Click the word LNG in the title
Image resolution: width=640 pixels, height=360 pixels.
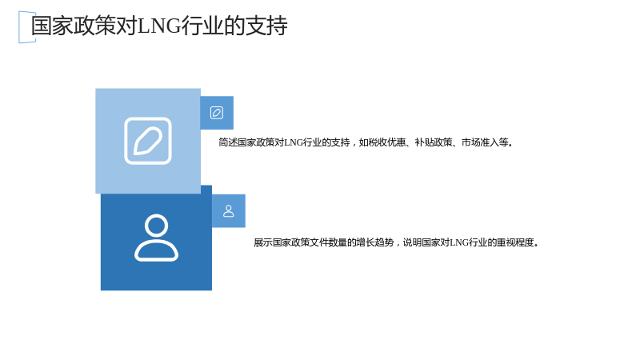pos(159,26)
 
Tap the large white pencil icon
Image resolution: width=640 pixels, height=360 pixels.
pos(148,141)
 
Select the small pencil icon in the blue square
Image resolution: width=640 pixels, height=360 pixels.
pos(217,113)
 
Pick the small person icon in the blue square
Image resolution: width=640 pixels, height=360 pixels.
pos(229,210)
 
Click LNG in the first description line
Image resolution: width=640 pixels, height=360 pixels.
pos(294,142)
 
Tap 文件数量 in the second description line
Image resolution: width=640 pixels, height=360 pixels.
pos(328,242)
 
